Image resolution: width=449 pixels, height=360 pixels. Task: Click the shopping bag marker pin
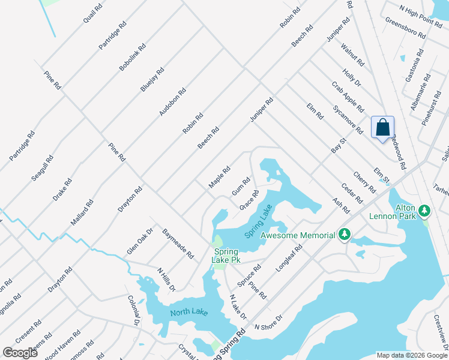pos(382,128)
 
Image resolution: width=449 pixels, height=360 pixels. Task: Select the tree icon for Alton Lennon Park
pos(424,211)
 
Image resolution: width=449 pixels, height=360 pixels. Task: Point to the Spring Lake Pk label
pos(224,256)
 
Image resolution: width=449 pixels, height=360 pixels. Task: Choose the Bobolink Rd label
pos(133,58)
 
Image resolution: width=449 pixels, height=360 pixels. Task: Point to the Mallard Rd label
pos(82,212)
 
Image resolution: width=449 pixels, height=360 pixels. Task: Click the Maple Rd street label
pos(219,178)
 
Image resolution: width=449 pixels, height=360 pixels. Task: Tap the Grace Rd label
pos(249,200)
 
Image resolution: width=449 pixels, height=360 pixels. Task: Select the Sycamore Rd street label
pos(348,120)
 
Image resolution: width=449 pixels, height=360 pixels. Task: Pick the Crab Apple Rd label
pos(348,96)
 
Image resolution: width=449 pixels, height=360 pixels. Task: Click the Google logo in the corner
pos(20,353)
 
